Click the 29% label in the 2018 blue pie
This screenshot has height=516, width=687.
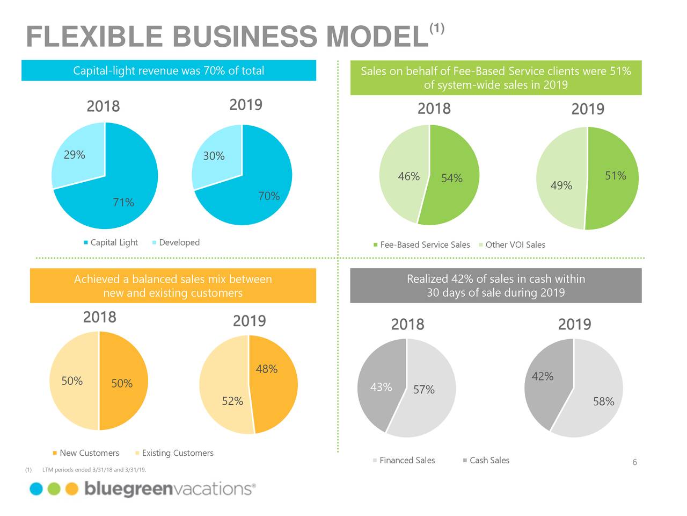(x=74, y=155)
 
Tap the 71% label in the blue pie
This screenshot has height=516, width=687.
(x=123, y=202)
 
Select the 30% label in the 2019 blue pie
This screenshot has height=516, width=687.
(x=214, y=156)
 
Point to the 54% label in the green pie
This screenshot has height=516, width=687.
(x=451, y=178)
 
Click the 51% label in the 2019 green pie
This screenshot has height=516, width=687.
(x=615, y=176)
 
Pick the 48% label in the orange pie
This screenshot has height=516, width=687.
(x=266, y=369)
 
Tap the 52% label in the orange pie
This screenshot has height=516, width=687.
(x=232, y=401)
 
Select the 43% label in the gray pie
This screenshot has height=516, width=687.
(x=381, y=387)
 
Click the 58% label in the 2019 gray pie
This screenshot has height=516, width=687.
(x=603, y=402)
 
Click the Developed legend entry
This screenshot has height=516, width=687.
(x=179, y=242)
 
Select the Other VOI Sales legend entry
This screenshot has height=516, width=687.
(x=515, y=245)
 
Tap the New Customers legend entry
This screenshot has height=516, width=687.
(x=89, y=453)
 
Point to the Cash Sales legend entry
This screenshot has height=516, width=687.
(x=489, y=460)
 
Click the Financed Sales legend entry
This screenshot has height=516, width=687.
(x=407, y=460)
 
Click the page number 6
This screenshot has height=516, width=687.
(x=634, y=463)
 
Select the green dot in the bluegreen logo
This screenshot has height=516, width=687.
(x=54, y=489)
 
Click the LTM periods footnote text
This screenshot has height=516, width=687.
(x=94, y=470)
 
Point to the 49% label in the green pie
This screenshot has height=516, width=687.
(x=561, y=185)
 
